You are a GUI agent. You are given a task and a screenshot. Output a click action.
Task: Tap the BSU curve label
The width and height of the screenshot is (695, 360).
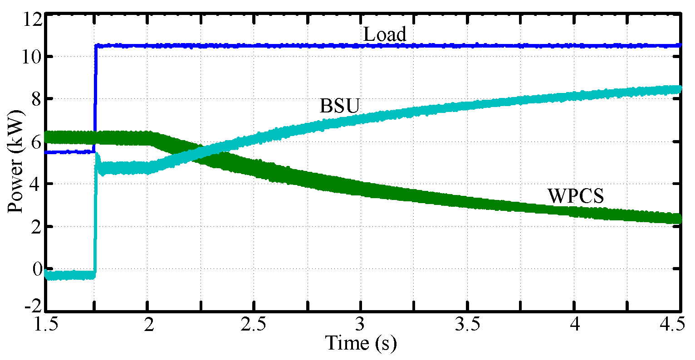coord(340,106)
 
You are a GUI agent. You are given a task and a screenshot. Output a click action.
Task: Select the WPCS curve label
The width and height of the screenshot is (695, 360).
coord(576,196)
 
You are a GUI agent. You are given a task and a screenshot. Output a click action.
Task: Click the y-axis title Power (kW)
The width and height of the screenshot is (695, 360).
coord(16,163)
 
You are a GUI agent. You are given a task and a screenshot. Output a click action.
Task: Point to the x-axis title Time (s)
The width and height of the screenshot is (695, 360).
coord(362,343)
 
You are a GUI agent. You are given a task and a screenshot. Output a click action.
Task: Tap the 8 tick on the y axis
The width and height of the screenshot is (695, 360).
coord(36,99)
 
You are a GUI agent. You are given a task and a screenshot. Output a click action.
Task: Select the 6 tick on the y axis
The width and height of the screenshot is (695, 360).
coord(36,141)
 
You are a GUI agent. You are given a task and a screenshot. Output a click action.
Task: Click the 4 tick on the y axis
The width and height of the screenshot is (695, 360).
coord(36,184)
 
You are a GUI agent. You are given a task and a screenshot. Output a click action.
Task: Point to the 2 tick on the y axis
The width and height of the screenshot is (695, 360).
coord(36,226)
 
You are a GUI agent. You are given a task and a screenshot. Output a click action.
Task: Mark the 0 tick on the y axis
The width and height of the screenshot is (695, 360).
coord(36,268)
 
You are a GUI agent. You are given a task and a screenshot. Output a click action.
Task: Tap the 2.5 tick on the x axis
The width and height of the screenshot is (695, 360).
coord(255,325)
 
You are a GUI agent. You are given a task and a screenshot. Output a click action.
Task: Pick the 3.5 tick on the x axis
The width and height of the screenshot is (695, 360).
coord(468,325)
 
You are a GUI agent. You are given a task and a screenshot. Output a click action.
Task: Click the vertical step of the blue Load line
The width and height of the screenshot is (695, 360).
coord(95,100)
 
